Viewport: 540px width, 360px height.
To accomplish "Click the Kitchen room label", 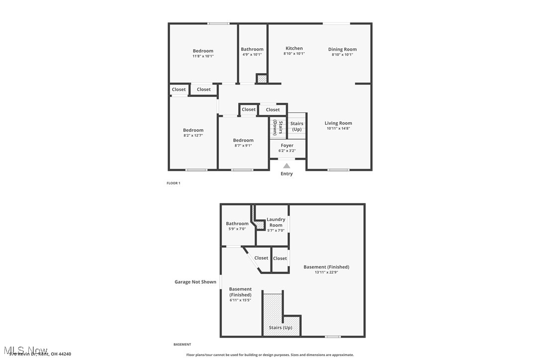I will coord(294,49).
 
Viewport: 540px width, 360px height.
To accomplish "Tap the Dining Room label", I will coord(342,49).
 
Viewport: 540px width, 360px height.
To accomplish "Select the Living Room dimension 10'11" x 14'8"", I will coord(338,128).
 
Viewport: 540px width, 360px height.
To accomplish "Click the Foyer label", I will coord(287,145).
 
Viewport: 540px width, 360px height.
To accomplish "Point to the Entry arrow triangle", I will coord(286,166).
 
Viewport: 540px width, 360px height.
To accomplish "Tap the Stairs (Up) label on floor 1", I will coord(297,126).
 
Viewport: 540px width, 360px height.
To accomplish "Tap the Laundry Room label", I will coord(276,222).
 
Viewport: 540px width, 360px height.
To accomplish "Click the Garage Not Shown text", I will coord(195,282).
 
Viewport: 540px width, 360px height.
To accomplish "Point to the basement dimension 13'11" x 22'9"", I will coord(326,272).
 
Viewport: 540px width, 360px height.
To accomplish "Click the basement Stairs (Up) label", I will coord(280,328).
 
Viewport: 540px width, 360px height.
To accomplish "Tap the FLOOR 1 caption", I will coord(173,183).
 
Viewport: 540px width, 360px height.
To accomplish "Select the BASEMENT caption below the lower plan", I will coord(182,344).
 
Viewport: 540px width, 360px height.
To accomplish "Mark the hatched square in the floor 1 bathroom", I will coord(262,79).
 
